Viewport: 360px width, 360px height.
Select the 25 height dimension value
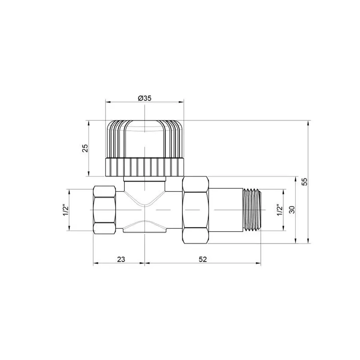85,148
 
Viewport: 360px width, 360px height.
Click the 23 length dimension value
121,259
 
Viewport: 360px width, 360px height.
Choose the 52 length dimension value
202,259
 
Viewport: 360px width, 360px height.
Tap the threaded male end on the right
252,209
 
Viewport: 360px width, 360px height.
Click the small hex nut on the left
104,209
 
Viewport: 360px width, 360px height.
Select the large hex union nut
196,209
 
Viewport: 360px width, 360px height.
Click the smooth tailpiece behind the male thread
226,209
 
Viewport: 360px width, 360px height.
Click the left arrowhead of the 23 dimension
95,263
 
